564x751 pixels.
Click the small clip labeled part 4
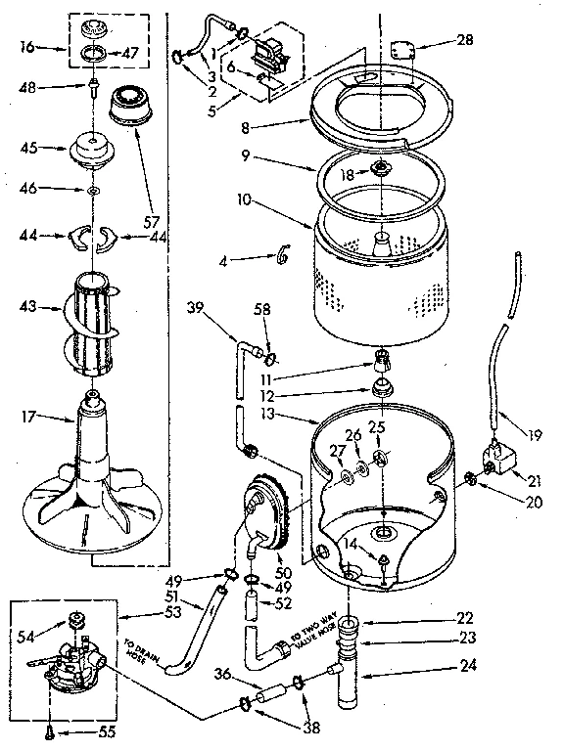click(x=283, y=254)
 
